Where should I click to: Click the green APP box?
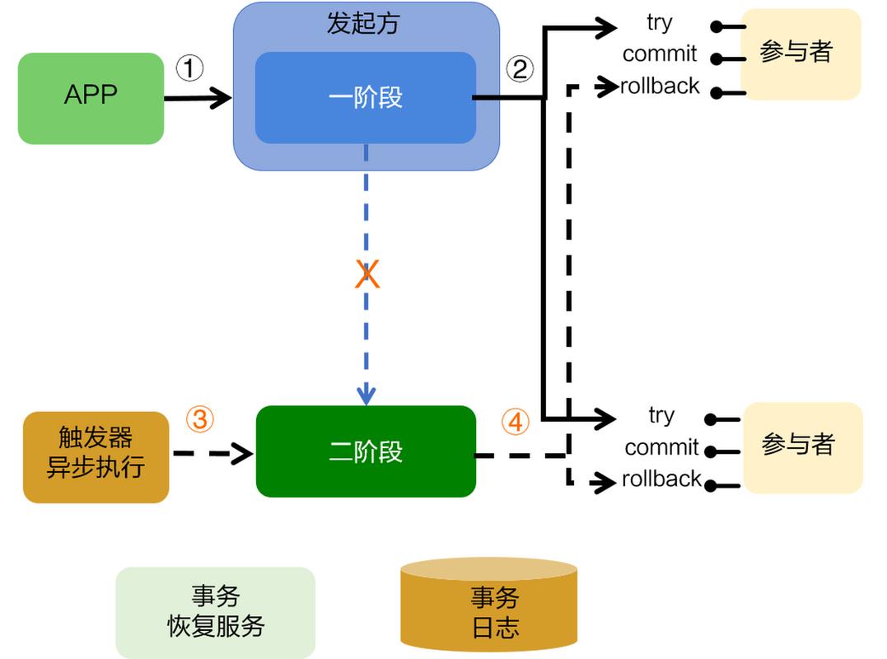tap(91, 98)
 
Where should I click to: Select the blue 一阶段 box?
tap(365, 97)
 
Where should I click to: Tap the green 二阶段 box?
tap(366, 451)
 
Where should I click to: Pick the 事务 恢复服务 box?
tap(215, 612)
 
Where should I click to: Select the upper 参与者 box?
tap(799, 53)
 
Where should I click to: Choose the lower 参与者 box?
tap(801, 446)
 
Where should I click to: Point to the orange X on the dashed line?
tap(367, 275)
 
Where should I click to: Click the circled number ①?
tap(190, 68)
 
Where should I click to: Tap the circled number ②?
tap(520, 68)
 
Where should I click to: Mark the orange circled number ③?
tap(199, 420)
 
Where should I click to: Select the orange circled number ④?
tap(515, 423)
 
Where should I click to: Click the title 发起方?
tap(362, 22)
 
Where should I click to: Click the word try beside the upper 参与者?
tap(659, 23)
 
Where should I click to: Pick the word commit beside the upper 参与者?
tap(659, 54)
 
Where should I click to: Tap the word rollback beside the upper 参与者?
tap(660, 86)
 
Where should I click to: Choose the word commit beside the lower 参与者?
tap(661, 447)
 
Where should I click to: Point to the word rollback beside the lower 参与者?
tap(661, 479)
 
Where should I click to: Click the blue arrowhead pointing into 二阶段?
tap(366, 395)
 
